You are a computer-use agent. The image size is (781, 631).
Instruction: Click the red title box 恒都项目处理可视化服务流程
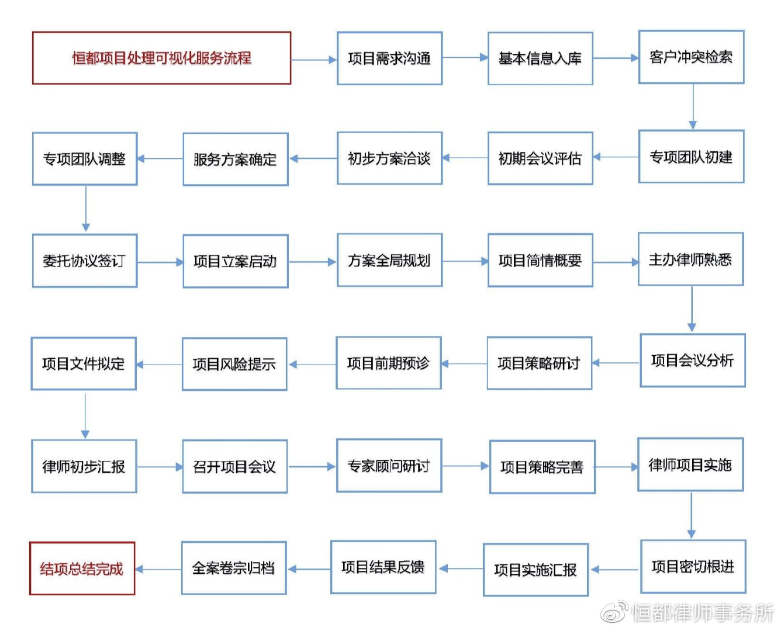point(161,58)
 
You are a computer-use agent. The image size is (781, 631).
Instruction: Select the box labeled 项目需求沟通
point(389,58)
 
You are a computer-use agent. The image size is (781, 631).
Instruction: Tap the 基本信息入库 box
point(540,58)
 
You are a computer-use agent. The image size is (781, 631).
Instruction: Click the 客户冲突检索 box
point(691,57)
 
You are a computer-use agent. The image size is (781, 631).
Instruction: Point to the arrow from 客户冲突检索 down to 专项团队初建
point(693,106)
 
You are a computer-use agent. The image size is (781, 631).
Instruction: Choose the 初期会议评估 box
point(540,158)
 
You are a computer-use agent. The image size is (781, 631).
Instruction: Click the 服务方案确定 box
point(235,159)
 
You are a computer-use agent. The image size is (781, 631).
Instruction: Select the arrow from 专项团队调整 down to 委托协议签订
point(86,209)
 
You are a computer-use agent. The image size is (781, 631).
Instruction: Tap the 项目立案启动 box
point(235,261)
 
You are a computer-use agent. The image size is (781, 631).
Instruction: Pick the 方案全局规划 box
point(389,261)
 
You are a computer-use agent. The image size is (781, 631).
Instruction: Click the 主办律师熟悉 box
point(690,259)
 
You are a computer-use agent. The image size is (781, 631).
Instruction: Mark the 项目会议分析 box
point(693,360)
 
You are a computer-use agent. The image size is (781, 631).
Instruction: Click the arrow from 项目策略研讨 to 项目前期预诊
point(464,363)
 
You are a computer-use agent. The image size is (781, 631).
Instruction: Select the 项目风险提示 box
point(234,364)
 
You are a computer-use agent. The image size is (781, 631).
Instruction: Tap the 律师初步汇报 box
point(84,466)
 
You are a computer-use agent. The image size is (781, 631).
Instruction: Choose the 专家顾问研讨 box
point(389,466)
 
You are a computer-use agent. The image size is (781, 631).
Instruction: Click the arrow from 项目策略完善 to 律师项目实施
point(616,467)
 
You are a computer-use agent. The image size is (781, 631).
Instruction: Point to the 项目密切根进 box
point(693,566)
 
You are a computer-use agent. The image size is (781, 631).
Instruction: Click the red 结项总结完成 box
point(82,568)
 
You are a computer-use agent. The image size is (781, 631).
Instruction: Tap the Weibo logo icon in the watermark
point(615,611)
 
